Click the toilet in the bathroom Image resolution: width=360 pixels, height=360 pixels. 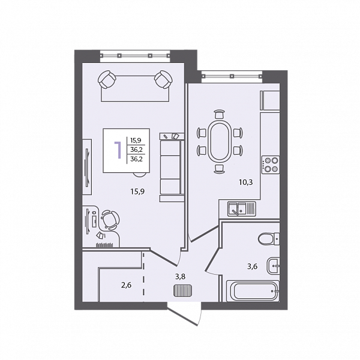pyautogui.click(x=269, y=239)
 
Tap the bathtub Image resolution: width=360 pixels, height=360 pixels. pyautogui.click(x=253, y=291)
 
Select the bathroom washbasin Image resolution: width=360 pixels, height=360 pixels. pyautogui.click(x=273, y=266)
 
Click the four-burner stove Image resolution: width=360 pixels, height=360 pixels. pyautogui.click(x=271, y=164)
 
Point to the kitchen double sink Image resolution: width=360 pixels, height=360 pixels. pyautogui.click(x=242, y=209)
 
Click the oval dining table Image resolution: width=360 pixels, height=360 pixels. pyautogui.click(x=219, y=142)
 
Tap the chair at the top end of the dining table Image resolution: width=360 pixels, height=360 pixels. pyautogui.click(x=219, y=114)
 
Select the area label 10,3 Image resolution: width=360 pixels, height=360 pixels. pyautogui.click(x=246, y=182)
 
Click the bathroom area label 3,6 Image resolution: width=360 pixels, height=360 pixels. pyautogui.click(x=252, y=266)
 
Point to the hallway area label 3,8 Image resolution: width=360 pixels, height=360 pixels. pyautogui.click(x=180, y=277)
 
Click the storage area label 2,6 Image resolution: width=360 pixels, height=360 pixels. pyautogui.click(x=126, y=285)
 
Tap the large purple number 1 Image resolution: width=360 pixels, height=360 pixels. pyautogui.click(x=118, y=151)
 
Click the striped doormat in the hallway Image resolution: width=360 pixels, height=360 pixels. pyautogui.click(x=182, y=290)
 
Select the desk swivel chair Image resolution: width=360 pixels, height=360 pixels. pyautogui.click(x=110, y=220)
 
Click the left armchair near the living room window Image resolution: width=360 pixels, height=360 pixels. pyautogui.click(x=107, y=80)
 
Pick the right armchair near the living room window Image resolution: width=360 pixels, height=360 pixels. pyautogui.click(x=163, y=80)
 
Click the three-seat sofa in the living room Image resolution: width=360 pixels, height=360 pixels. pyautogui.click(x=172, y=167)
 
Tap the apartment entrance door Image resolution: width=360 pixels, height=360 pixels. pyautogui.click(x=183, y=314)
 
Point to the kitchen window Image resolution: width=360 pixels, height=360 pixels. pyautogui.click(x=232, y=76)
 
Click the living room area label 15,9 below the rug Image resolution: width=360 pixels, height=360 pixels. pyautogui.click(x=137, y=191)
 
